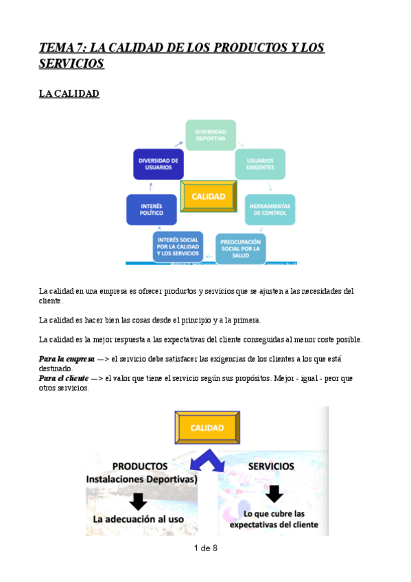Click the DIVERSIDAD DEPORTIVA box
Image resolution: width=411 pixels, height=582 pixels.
pyautogui.click(x=211, y=135)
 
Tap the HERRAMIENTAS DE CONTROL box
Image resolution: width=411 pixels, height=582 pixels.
pyautogui.click(x=270, y=209)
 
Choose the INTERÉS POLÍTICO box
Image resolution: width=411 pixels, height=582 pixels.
pyautogui.click(x=152, y=209)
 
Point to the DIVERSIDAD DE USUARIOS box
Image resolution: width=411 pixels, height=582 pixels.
pyautogui.click(x=158, y=165)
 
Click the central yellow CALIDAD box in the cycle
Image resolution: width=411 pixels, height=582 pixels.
pyautogui.click(x=209, y=196)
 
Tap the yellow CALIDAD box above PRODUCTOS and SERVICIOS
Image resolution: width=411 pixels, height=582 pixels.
pyautogui.click(x=208, y=428)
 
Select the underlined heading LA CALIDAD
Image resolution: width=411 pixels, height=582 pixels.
pyautogui.click(x=69, y=94)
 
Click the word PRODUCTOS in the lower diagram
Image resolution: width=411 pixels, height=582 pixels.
pyautogui.click(x=140, y=466)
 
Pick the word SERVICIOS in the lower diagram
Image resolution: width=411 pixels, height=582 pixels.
pyautogui.click(x=271, y=466)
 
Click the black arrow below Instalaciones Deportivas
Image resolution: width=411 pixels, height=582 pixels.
pyautogui.click(x=138, y=501)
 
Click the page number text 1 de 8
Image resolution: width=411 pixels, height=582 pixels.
pyautogui.click(x=205, y=548)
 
